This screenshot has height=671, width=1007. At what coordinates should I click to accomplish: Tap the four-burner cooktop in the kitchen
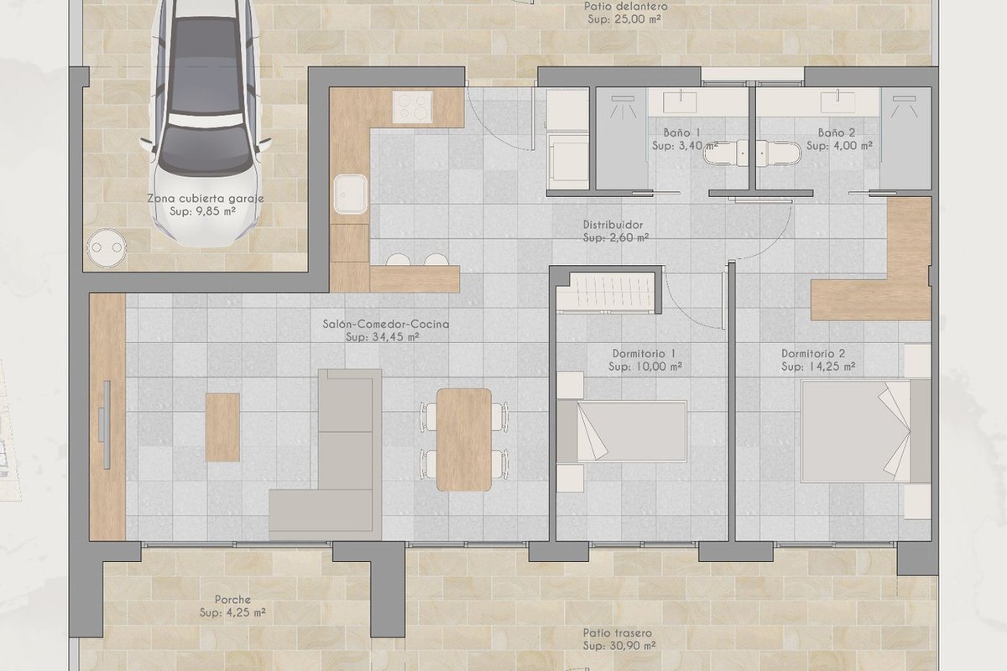[x=412, y=107]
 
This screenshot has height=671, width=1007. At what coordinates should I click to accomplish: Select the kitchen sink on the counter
[x=350, y=194]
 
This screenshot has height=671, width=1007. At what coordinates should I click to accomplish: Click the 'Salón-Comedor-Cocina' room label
[x=386, y=324]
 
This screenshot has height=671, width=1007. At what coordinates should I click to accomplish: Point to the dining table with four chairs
[x=463, y=440]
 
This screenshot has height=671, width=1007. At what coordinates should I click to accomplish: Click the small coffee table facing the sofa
[x=222, y=428]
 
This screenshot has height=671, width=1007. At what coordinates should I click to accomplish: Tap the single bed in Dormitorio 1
[x=622, y=431]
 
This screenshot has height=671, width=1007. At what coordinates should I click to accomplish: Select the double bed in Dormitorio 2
[x=866, y=431]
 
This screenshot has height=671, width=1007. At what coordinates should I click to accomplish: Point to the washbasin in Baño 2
[x=837, y=101]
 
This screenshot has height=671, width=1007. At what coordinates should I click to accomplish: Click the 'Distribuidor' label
[x=613, y=225]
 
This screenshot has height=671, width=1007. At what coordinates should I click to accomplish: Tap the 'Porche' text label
[x=232, y=600]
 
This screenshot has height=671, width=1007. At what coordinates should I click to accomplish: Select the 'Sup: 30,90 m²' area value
[x=619, y=646]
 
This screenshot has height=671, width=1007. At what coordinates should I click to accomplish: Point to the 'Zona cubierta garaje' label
[x=206, y=198]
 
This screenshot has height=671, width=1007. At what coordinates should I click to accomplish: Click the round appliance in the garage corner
[x=107, y=247]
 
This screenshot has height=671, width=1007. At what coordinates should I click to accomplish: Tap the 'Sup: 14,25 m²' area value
[x=818, y=367]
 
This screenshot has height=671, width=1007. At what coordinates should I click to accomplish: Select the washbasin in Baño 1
[x=680, y=101]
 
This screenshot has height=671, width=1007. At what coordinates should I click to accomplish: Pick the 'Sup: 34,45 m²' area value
[x=383, y=336]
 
